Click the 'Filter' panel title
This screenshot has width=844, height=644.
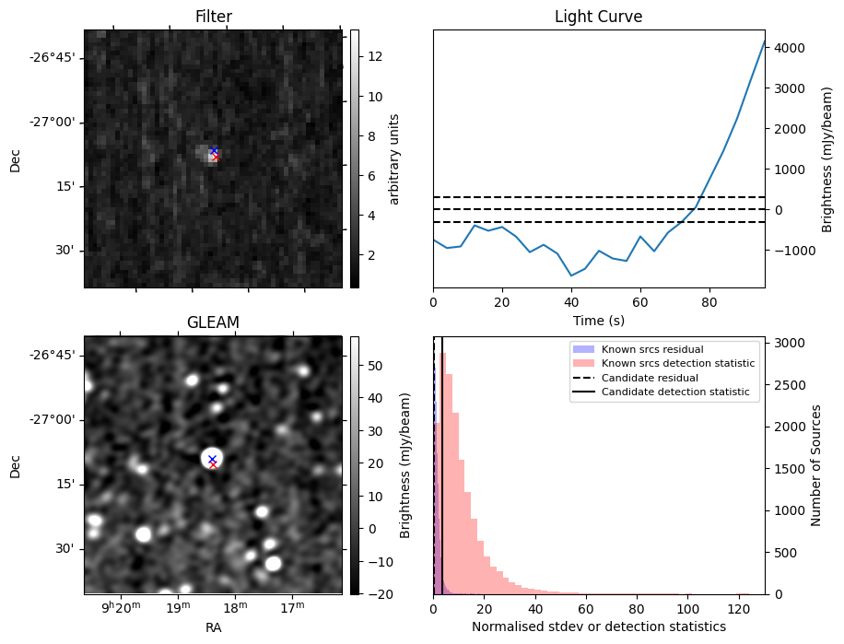(213, 17)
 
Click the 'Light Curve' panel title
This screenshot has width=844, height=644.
(598, 17)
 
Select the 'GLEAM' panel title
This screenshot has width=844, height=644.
(213, 322)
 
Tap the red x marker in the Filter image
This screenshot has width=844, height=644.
(216, 158)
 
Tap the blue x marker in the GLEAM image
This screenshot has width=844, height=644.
(212, 459)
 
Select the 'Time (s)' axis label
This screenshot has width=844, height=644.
(598, 319)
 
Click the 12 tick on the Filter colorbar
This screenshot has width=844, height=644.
(375, 56)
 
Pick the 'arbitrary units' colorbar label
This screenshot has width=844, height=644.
(393, 158)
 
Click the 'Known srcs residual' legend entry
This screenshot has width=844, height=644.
(651, 349)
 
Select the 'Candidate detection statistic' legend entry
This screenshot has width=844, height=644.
(675, 392)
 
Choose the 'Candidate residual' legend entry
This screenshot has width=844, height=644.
(650, 378)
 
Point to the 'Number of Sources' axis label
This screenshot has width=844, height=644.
(815, 464)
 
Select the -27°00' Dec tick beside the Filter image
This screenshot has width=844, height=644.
(53, 122)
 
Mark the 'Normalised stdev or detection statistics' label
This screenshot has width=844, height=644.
(598, 626)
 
